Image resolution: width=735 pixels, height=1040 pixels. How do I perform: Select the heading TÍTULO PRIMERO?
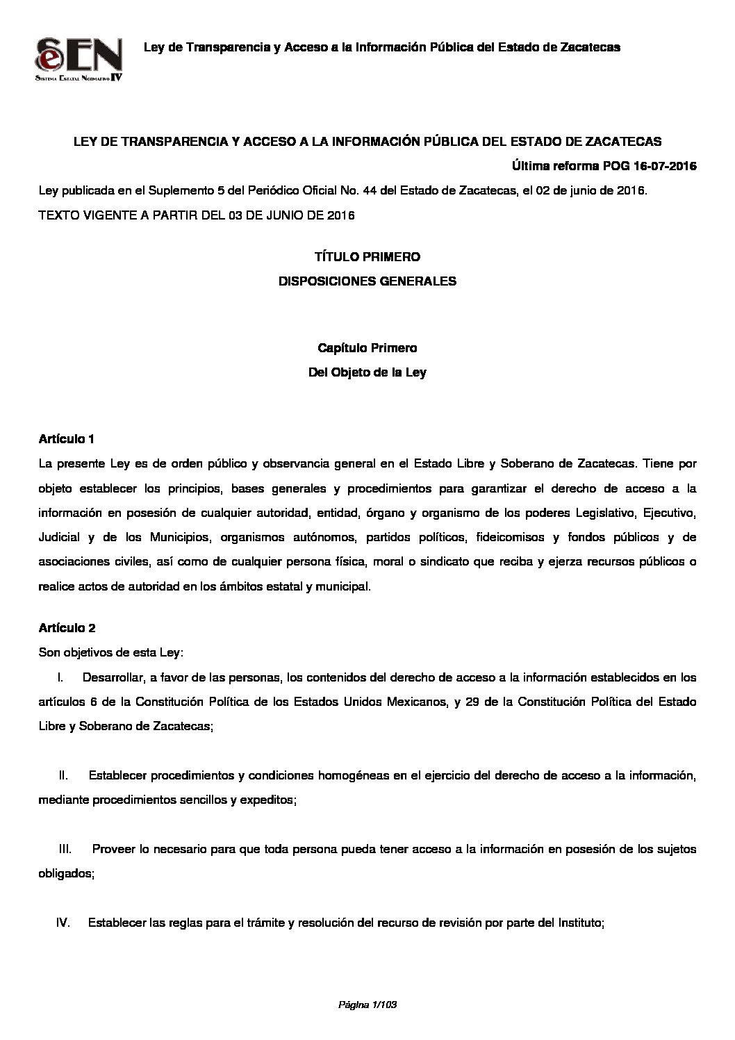click(x=367, y=257)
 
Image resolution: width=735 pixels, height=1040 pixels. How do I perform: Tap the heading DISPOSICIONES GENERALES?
click(x=367, y=281)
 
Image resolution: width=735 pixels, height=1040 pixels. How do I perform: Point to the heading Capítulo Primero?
click(x=367, y=347)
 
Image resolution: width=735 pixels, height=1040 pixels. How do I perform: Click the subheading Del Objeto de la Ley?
click(x=367, y=372)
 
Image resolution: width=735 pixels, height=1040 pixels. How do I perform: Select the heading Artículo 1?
click(x=66, y=439)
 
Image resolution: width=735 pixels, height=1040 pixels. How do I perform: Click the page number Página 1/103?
click(x=367, y=1005)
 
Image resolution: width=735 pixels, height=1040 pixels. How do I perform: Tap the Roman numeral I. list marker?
click(x=60, y=677)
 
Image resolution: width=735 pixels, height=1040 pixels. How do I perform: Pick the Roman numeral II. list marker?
click(x=64, y=775)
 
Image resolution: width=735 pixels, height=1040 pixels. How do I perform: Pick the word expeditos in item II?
click(x=268, y=800)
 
